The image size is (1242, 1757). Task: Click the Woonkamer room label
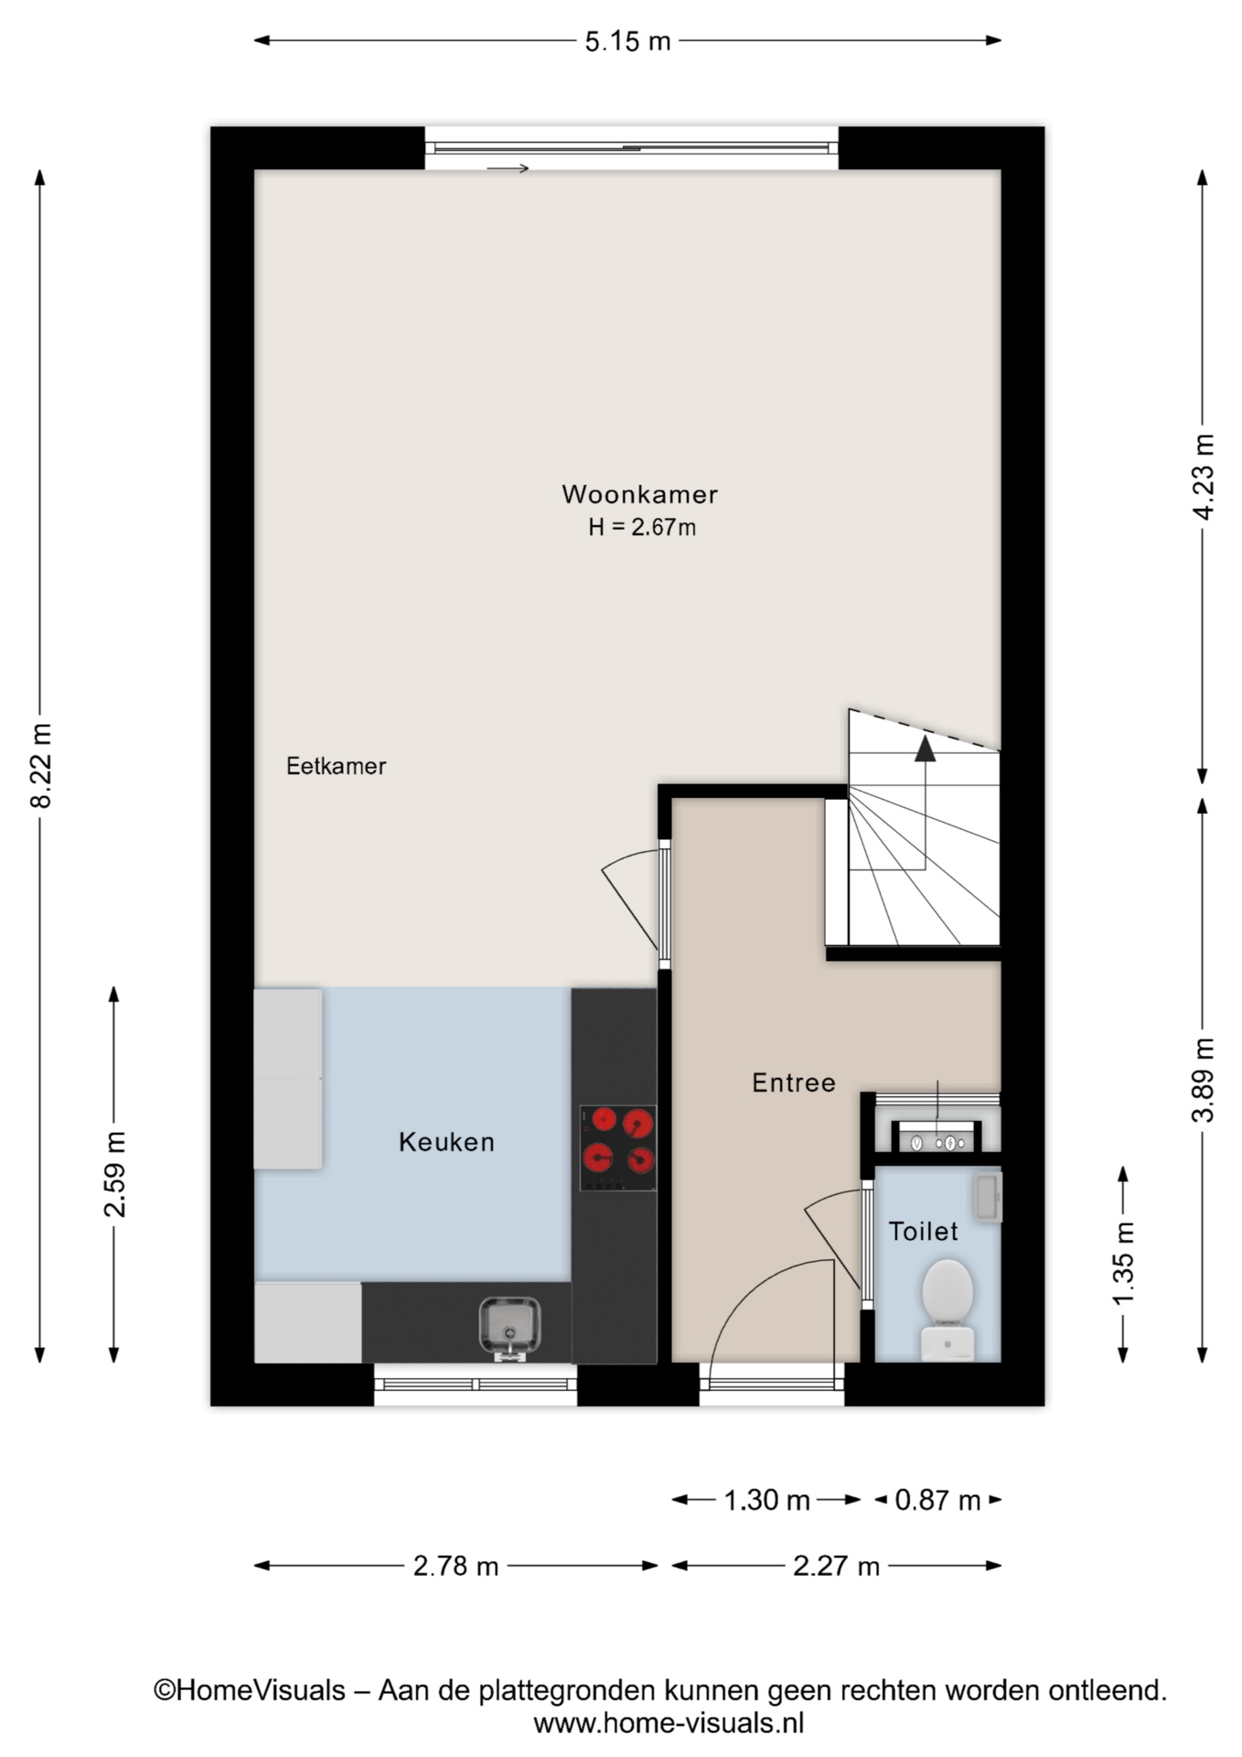(639, 494)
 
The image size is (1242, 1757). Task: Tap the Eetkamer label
(336, 766)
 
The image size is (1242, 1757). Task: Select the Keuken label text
(446, 1142)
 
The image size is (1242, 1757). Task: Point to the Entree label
(794, 1083)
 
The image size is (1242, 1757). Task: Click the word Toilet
(924, 1231)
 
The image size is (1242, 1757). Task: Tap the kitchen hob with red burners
(618, 1148)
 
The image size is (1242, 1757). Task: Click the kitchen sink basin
(509, 1325)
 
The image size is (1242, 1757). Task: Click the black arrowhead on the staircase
(926, 749)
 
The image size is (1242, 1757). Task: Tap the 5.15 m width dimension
(627, 41)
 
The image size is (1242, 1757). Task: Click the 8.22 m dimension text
(41, 765)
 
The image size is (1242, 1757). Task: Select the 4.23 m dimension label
(1205, 477)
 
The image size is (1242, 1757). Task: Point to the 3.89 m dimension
(1205, 1080)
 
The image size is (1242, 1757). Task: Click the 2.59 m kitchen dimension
(115, 1174)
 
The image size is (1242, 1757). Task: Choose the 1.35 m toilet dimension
(1124, 1263)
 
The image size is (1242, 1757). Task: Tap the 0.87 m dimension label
(937, 1500)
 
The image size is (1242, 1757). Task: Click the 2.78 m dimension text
(455, 1566)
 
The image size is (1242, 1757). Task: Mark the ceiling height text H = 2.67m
(642, 527)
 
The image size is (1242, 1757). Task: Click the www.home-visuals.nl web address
(669, 1724)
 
